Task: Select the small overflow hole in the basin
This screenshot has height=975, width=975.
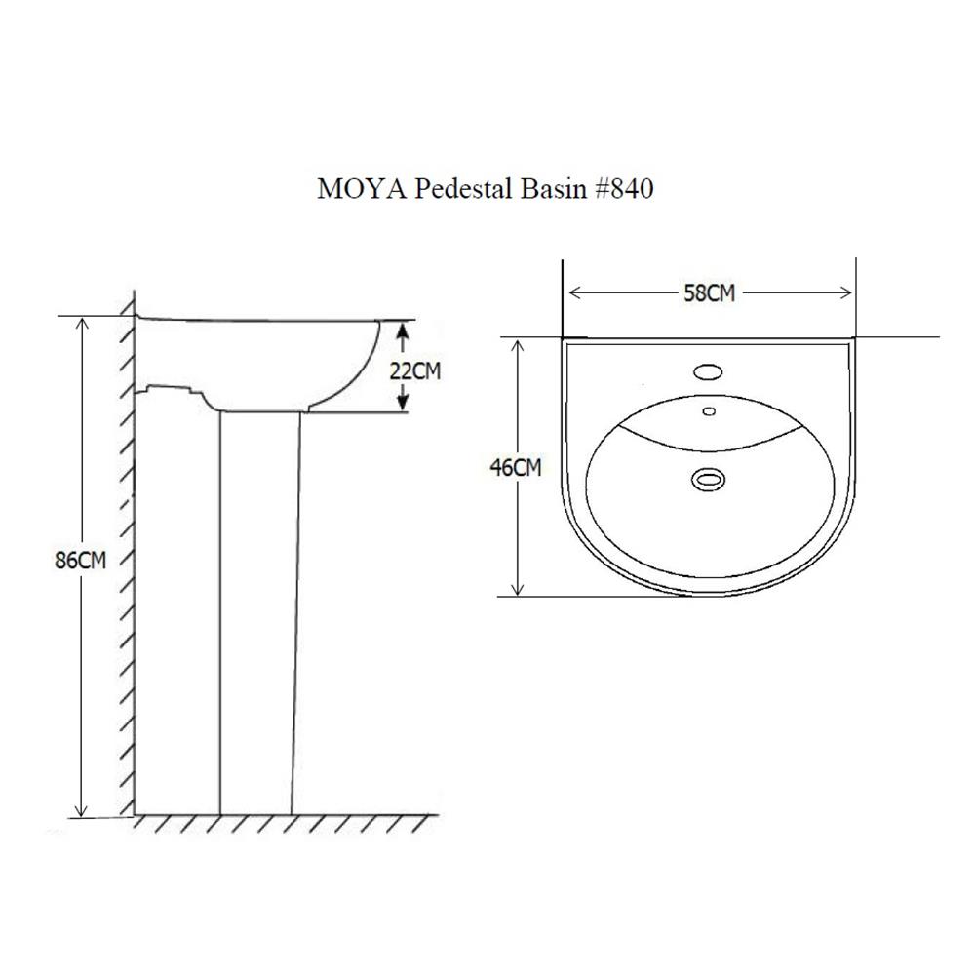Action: (x=709, y=410)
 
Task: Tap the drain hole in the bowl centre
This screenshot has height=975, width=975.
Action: (x=709, y=479)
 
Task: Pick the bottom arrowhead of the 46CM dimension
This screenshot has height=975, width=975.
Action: (x=518, y=588)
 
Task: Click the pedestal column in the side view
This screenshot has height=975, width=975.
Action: (x=256, y=614)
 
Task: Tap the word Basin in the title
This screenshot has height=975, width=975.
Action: (x=546, y=189)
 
